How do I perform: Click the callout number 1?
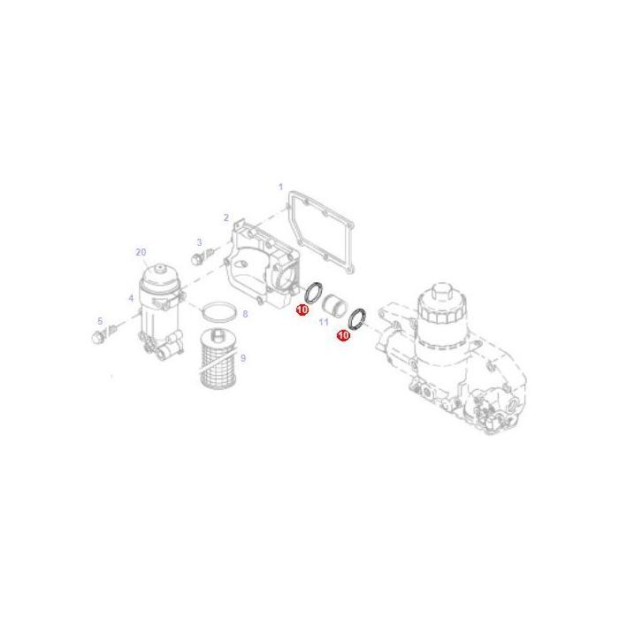tap(280, 187)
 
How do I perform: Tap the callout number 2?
tap(225, 218)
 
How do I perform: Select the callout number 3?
tap(199, 242)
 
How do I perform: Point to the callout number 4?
tap(131, 299)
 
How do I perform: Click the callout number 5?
tap(100, 321)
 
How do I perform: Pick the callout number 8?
tap(245, 314)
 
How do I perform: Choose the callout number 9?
tap(243, 358)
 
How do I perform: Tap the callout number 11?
tap(324, 323)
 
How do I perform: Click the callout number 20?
tap(141, 252)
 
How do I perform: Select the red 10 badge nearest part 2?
tap(302, 309)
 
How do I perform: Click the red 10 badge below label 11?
tap(343, 335)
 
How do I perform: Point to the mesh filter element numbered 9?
tap(217, 359)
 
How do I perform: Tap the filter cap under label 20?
tap(161, 277)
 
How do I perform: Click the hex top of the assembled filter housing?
tap(442, 291)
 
